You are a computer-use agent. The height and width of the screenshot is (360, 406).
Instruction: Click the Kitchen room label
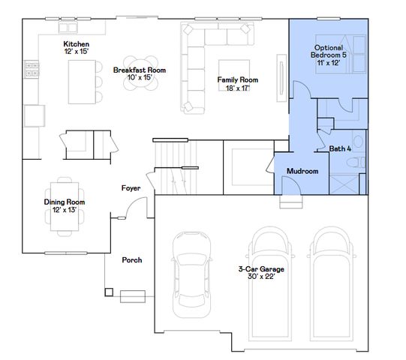[x=76, y=43]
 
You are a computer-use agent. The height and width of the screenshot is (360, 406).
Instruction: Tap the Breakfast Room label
[x=140, y=70]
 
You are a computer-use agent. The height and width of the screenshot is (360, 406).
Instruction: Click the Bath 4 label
[x=340, y=148]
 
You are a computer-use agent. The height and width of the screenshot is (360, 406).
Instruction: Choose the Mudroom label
[x=302, y=171]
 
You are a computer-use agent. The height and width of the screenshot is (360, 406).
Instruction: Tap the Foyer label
[x=131, y=188]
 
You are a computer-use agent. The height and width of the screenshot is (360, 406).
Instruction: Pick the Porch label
[x=132, y=260]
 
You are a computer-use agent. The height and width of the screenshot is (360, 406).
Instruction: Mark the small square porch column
[x=109, y=291]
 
